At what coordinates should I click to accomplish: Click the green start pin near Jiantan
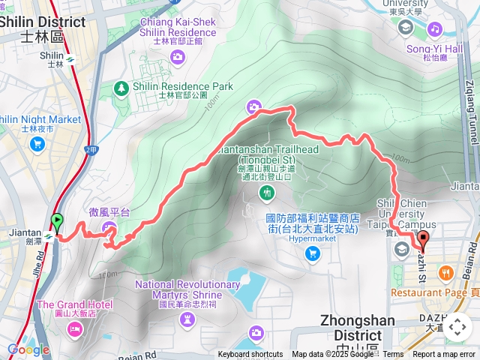pos(57,222)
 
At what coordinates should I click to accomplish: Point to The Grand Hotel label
pos(74,304)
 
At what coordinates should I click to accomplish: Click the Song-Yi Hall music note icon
pos(435,28)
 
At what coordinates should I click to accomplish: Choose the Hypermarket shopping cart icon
pos(313,253)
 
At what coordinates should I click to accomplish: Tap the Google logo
pos(28,349)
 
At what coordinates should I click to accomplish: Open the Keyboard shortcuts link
pos(250,355)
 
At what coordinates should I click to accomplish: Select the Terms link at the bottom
pos(393,355)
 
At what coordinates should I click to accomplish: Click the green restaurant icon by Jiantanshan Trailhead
pos(267,193)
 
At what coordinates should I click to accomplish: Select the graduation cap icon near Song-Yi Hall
pos(406,28)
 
